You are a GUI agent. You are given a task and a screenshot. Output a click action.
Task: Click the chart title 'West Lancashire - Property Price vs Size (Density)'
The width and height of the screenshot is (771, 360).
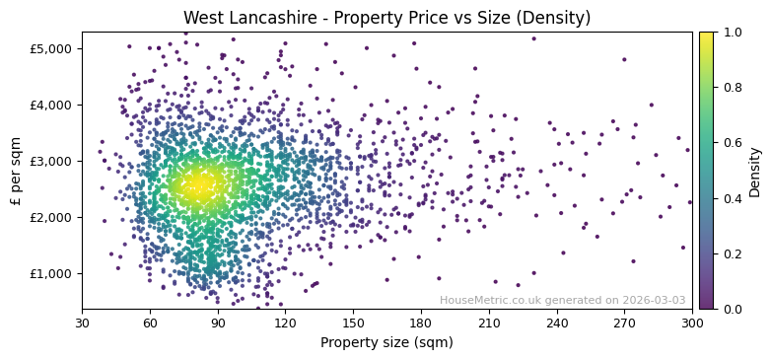(386, 18)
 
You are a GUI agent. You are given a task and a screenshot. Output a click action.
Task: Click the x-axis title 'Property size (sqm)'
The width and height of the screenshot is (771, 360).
(386, 343)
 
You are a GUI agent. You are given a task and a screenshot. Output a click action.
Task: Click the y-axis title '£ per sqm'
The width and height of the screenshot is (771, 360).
(16, 171)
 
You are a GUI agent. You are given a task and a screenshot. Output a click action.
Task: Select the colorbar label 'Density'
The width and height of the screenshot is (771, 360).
(754, 171)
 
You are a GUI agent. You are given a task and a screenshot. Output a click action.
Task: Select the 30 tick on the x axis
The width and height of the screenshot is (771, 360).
(82, 323)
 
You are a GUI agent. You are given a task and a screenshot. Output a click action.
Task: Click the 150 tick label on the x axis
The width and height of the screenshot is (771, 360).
(353, 323)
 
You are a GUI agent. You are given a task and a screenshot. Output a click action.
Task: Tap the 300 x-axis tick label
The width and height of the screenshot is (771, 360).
(692, 323)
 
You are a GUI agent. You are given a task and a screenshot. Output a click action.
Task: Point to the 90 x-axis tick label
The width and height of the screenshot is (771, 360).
(218, 323)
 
